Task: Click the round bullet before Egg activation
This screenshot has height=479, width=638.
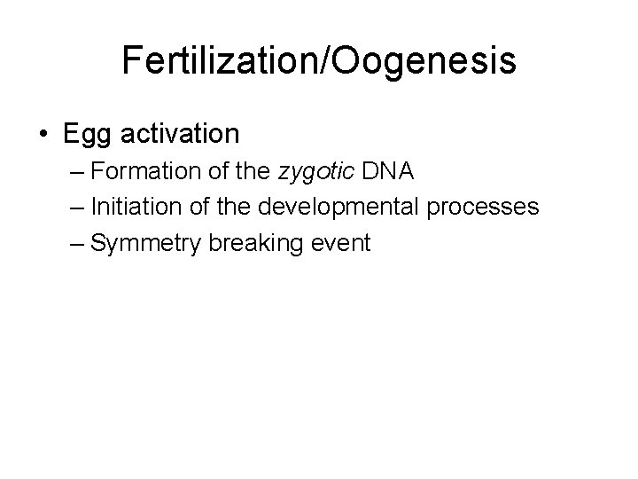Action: pyautogui.click(x=43, y=135)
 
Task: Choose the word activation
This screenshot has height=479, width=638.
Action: pyautogui.click(x=180, y=134)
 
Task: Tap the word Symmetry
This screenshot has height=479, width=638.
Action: pyautogui.click(x=146, y=243)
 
